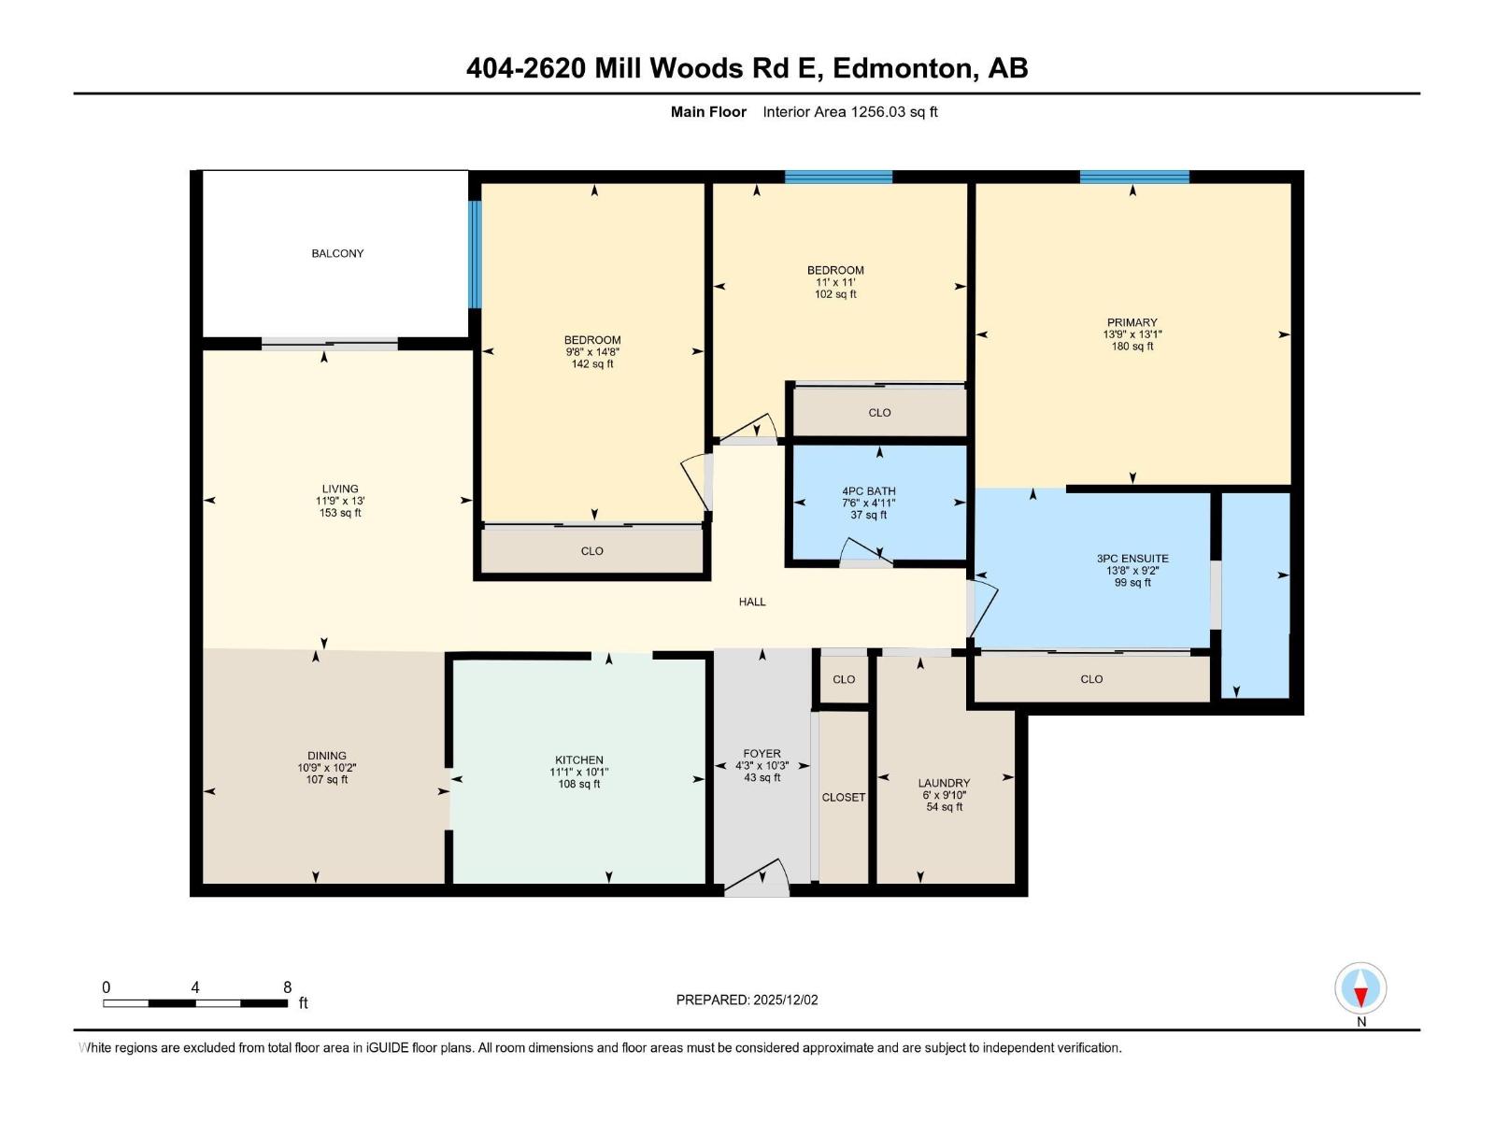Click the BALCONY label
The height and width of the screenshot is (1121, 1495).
(x=337, y=253)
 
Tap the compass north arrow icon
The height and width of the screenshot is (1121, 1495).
(x=1360, y=989)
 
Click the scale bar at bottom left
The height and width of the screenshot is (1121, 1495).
(x=195, y=1003)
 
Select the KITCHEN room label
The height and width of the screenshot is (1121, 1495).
(x=578, y=759)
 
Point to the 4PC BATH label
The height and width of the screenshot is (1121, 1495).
(x=868, y=490)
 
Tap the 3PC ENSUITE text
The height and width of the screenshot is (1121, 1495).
(x=1132, y=559)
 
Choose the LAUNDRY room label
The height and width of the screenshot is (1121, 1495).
(x=944, y=783)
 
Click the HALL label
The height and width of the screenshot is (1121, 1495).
(x=752, y=602)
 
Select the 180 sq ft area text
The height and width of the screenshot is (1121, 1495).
(x=1132, y=347)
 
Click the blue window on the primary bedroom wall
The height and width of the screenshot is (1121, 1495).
(x=1134, y=177)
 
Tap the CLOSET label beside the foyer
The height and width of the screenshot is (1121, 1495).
(x=843, y=797)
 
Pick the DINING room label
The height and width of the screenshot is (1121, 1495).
(x=327, y=756)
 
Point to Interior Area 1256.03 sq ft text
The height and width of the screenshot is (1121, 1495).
(x=849, y=112)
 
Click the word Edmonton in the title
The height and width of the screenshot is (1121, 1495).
(x=902, y=68)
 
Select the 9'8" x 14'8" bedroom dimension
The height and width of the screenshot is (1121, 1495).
(x=592, y=352)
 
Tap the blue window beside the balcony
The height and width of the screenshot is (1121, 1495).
(x=475, y=254)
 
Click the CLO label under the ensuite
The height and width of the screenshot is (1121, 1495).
(x=1091, y=679)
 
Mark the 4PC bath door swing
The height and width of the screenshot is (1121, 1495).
(x=858, y=552)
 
